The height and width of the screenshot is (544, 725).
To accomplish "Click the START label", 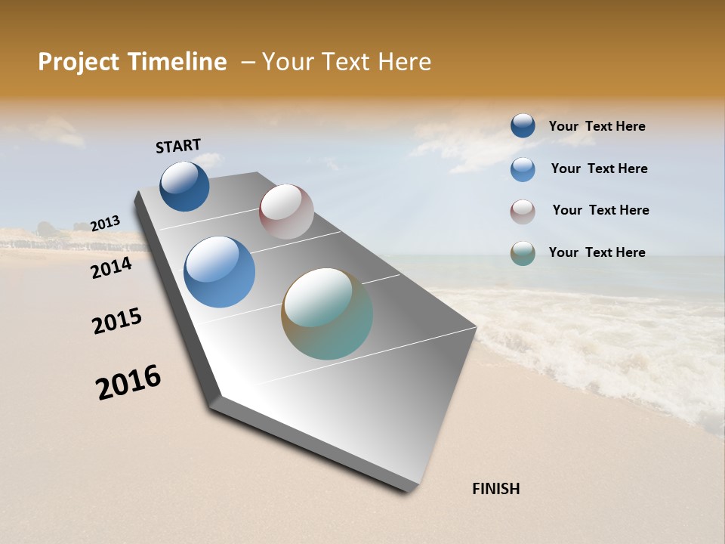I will click(178, 146).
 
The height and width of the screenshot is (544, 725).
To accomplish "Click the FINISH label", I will click(495, 489).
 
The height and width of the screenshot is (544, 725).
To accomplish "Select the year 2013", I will click(106, 224).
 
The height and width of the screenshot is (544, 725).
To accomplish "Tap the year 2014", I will click(112, 267).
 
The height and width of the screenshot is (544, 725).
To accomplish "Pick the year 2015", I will click(117, 321).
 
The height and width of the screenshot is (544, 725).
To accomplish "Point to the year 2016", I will click(129, 382).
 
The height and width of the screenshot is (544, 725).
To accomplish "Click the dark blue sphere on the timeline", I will click(184, 187).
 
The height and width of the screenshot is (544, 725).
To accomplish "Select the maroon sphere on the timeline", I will click(286, 212).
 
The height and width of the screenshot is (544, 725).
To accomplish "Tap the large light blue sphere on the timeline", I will click(219, 272).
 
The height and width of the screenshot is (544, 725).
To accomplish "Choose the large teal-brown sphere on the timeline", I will click(327, 314).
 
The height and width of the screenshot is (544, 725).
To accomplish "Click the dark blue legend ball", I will click(523, 125).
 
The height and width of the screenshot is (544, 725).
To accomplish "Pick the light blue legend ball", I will click(523, 168).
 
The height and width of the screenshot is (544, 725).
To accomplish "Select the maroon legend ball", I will click(523, 212).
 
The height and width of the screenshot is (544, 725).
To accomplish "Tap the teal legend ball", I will click(523, 253).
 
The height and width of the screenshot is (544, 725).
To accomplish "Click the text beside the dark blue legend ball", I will click(597, 127).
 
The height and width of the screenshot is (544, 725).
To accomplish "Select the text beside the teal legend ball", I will click(597, 252).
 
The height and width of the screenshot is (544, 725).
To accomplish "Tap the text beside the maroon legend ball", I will click(600, 210).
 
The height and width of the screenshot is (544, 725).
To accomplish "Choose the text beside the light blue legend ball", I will click(599, 168).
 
